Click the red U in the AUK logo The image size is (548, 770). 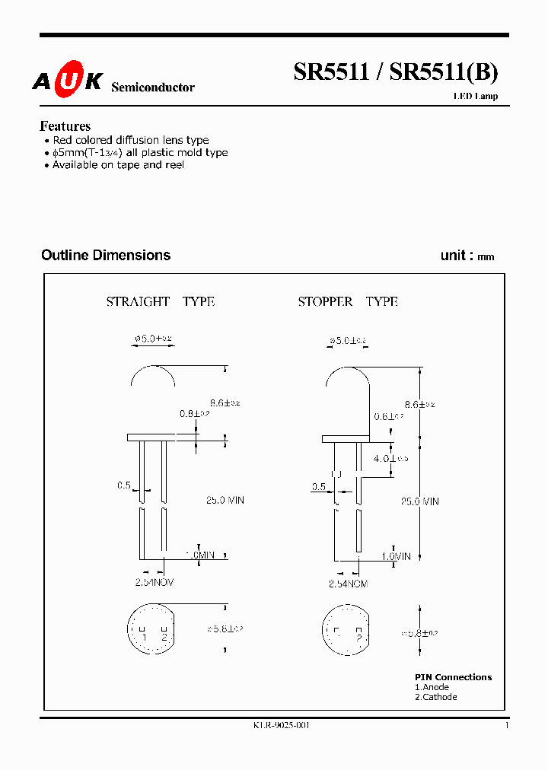68,82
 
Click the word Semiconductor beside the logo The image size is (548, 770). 153,87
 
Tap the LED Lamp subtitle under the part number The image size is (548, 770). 476,97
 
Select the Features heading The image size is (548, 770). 65,126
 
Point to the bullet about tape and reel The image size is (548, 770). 118,165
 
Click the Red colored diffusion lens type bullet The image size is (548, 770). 130,140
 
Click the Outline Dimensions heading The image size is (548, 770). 106,256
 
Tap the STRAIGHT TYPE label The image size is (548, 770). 160,302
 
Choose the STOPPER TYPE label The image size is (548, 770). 348,302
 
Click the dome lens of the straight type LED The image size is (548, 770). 153,374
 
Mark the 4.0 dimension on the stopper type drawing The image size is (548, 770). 385,459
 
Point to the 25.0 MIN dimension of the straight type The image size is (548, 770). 225,500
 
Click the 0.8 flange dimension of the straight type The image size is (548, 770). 195,414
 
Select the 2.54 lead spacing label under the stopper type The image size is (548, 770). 349,584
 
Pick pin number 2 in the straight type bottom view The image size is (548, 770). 164,637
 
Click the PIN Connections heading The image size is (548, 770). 453,677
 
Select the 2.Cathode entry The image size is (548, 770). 436,697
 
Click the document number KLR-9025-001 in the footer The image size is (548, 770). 282,726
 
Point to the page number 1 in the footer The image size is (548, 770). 507,726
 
